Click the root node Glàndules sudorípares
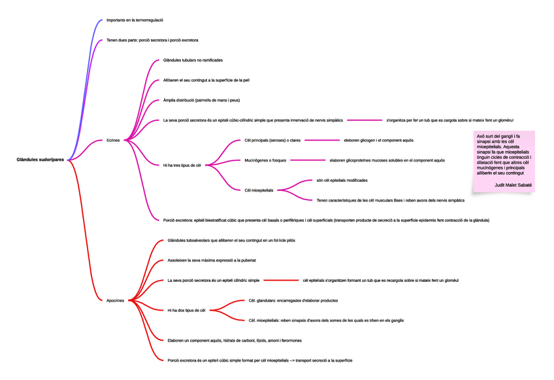click(41, 160)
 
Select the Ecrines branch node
click(113, 140)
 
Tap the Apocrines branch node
click(115, 300)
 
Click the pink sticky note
click(504, 161)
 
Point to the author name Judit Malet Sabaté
click(513, 185)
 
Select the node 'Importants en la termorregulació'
click(135, 20)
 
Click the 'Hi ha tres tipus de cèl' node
click(182, 165)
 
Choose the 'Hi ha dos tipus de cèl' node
click(186, 310)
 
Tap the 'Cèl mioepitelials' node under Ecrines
click(259, 190)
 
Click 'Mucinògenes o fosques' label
click(265, 160)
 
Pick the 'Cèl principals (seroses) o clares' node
click(272, 140)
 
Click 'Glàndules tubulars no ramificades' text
click(193, 60)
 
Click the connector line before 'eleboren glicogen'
click(321, 140)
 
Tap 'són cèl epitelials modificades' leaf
click(342, 180)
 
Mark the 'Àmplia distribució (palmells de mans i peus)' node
click(201, 100)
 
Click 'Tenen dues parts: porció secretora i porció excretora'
click(152, 41)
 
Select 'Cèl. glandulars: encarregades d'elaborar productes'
click(293, 300)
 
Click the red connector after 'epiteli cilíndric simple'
click(280, 280)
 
